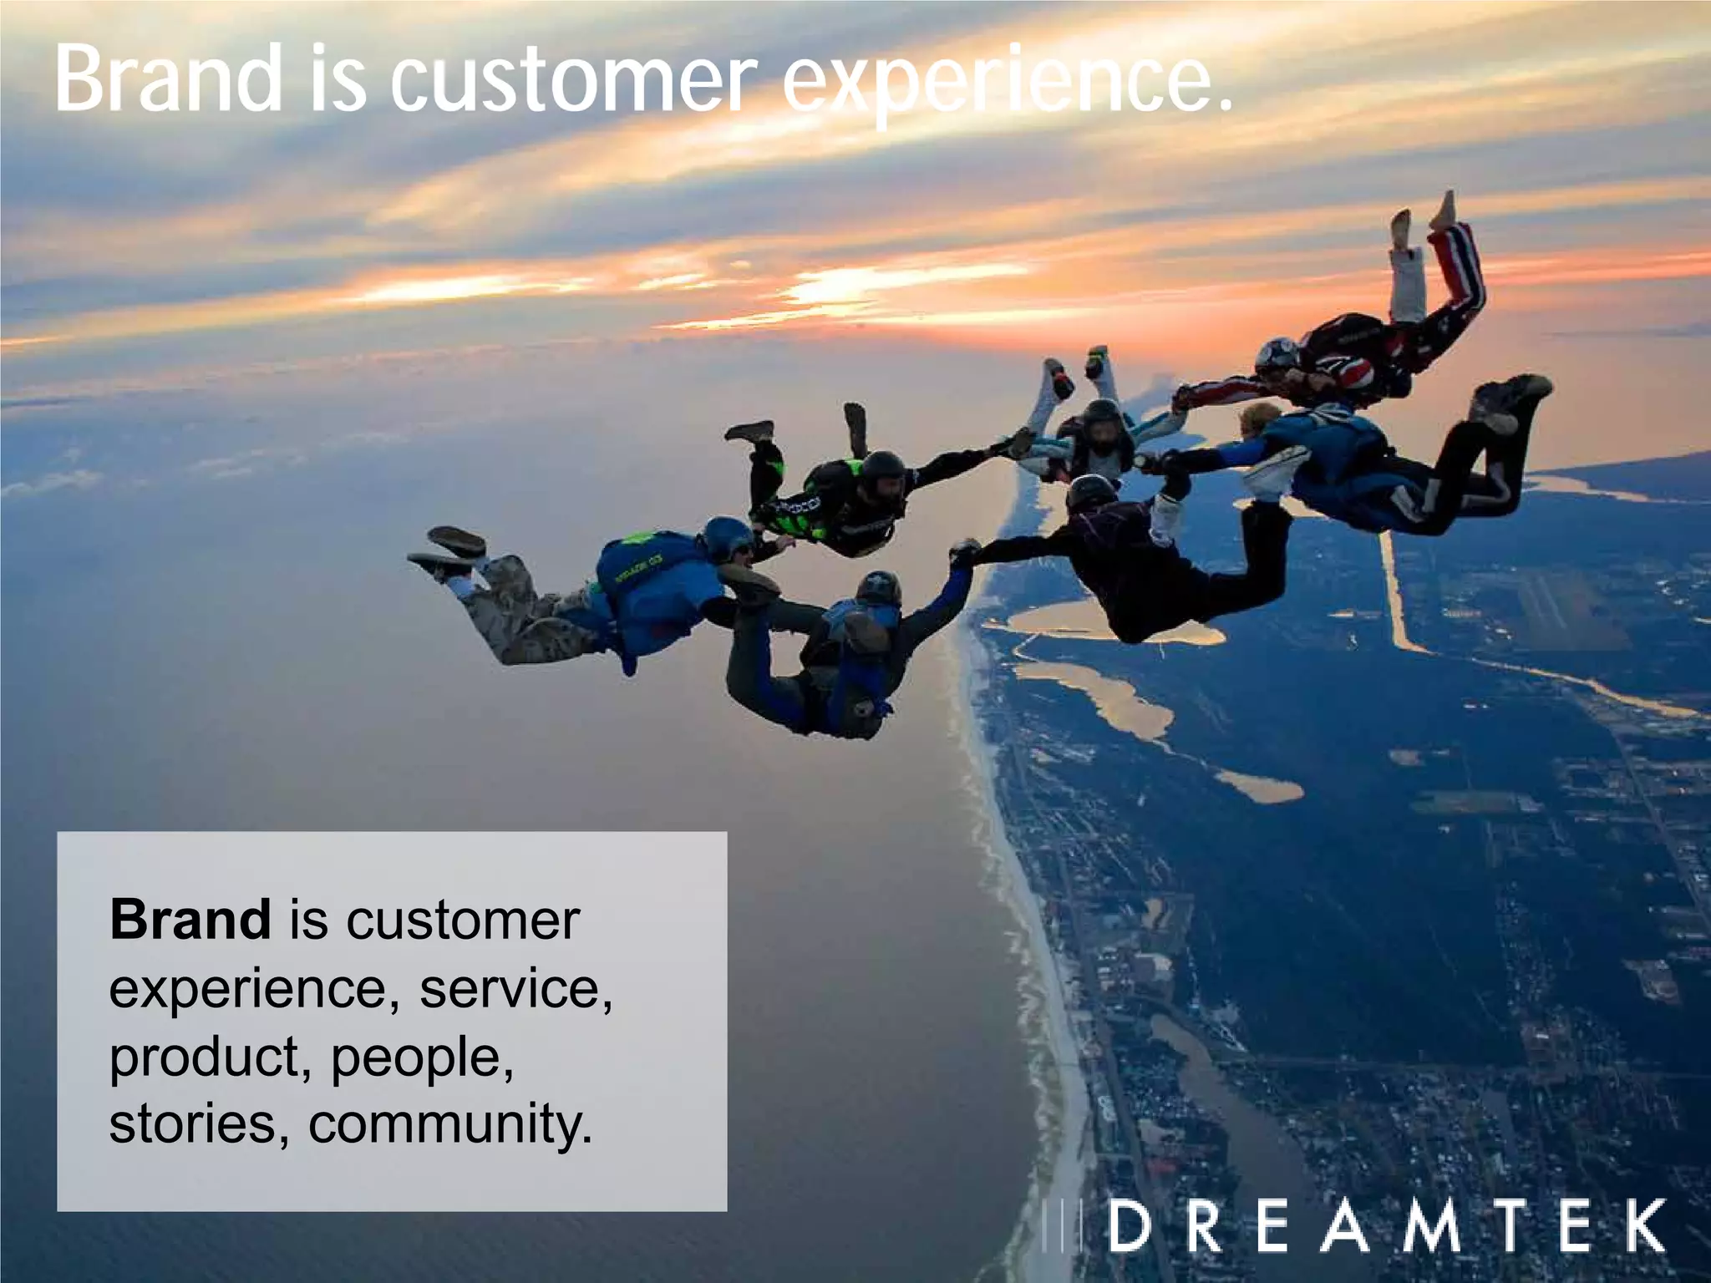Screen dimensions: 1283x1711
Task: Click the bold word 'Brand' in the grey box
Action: pyautogui.click(x=190, y=920)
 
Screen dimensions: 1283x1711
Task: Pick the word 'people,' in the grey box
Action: pyautogui.click(x=422, y=1057)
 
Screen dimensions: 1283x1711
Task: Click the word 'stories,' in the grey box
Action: pyautogui.click(x=200, y=1124)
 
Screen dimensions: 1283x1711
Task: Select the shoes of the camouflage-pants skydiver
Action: pyautogui.click(x=447, y=551)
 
